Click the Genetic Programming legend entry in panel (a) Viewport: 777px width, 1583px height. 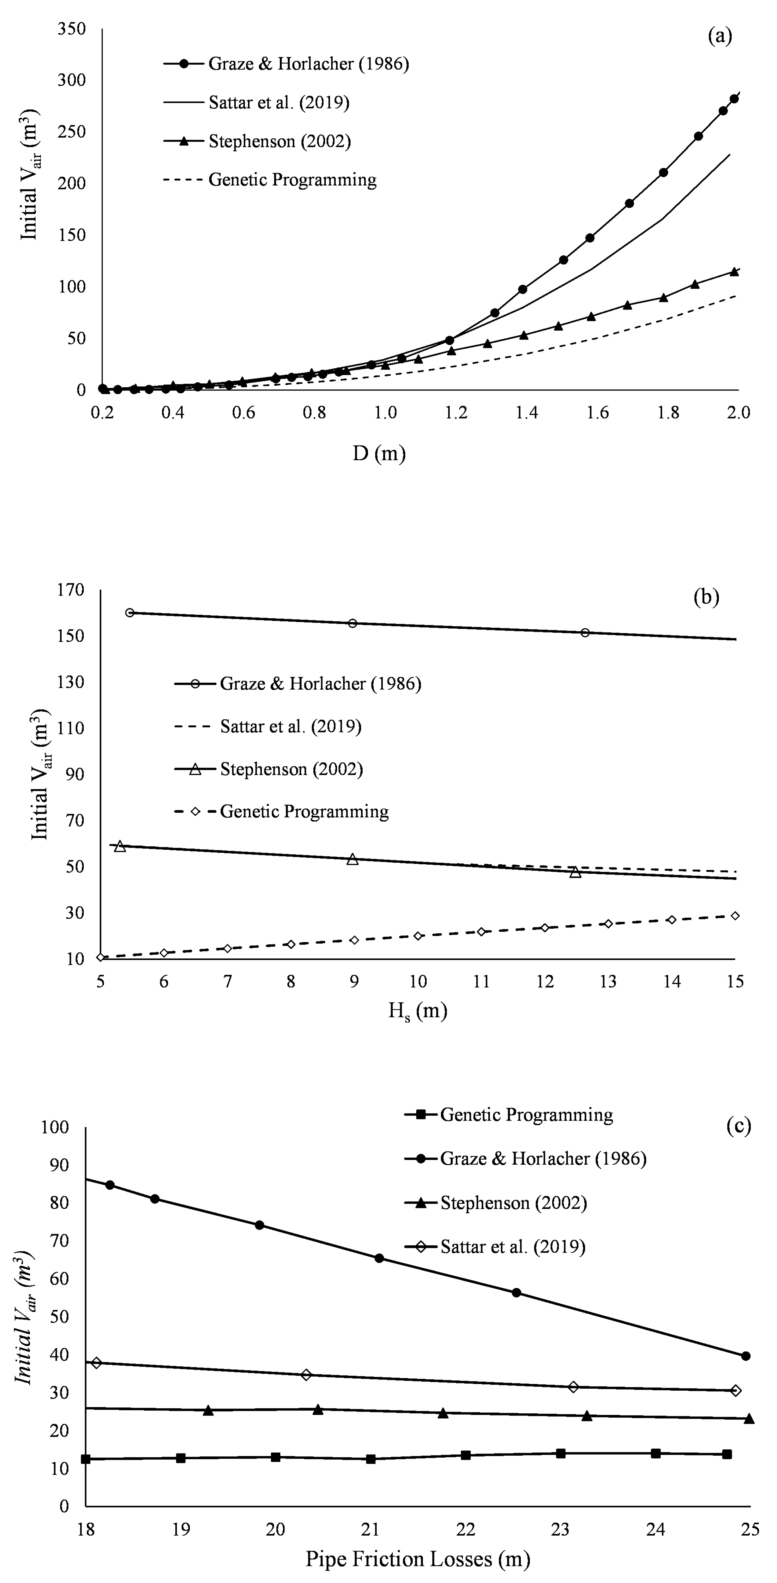(292, 180)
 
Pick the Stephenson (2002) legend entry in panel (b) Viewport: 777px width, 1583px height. (291, 769)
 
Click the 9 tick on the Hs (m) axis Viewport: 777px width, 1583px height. (354, 982)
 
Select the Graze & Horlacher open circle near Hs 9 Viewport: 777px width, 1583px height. (352, 623)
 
